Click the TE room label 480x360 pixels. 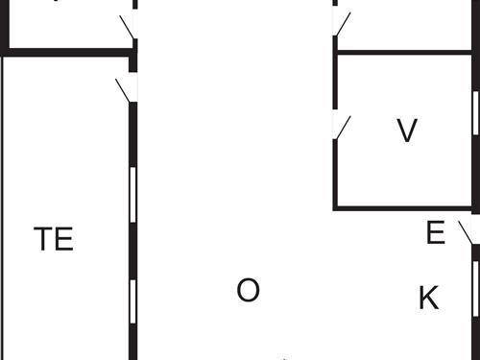tap(54, 239)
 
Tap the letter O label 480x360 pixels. tap(248, 290)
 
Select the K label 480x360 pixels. tap(428, 299)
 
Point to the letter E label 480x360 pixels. tap(435, 233)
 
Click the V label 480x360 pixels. tap(407, 131)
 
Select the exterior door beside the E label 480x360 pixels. tap(468, 231)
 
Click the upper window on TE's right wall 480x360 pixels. tap(132, 196)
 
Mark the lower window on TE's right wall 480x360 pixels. tap(132, 305)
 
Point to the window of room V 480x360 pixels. tap(475, 113)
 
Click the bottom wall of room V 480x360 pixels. tap(403, 206)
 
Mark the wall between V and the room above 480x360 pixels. tap(403, 51)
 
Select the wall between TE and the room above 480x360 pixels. tap(67, 54)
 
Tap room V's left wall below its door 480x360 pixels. tap(334, 173)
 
